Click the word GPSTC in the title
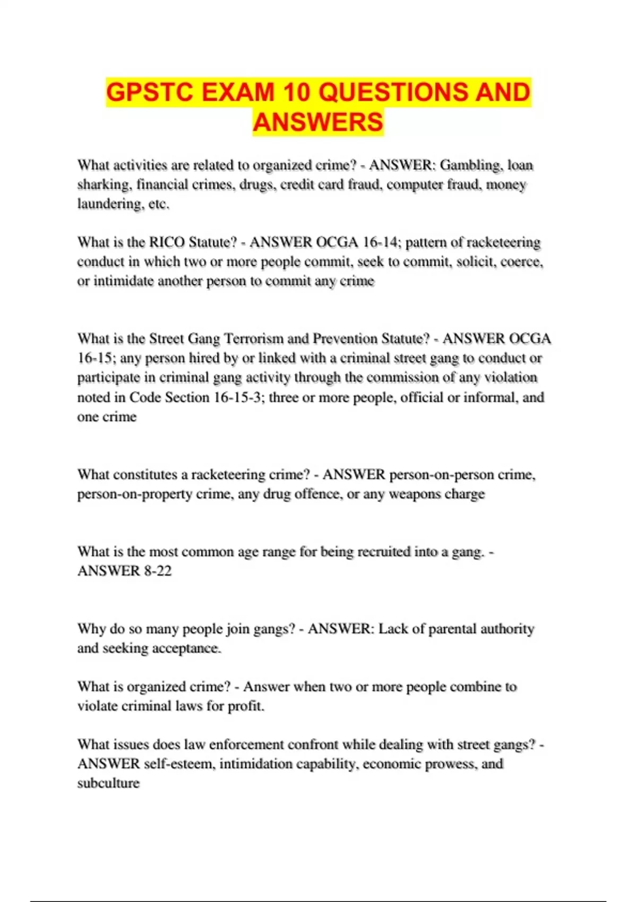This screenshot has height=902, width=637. point(150,92)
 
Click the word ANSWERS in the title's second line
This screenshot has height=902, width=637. point(318,122)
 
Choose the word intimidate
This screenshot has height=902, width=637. point(123,281)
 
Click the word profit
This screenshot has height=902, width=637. point(246,706)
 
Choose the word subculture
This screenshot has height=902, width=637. point(108,783)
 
